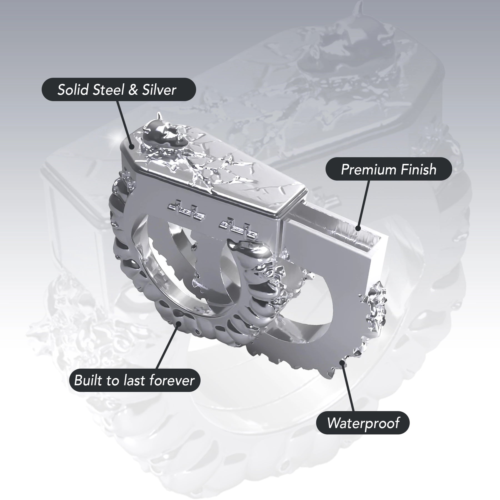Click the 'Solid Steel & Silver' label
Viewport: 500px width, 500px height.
click(x=119, y=89)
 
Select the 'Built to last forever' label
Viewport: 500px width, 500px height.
click(x=134, y=380)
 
